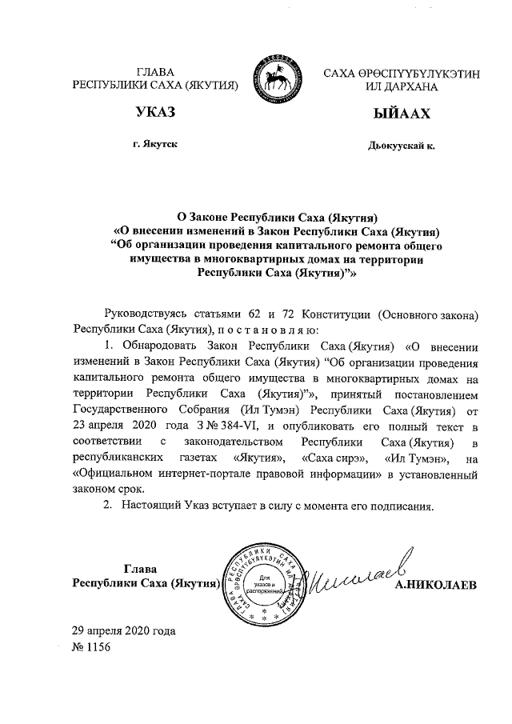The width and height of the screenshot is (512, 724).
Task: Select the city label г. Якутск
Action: (x=156, y=144)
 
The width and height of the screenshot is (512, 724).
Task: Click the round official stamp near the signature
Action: (x=263, y=583)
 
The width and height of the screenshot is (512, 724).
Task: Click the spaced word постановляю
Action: (x=268, y=330)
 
